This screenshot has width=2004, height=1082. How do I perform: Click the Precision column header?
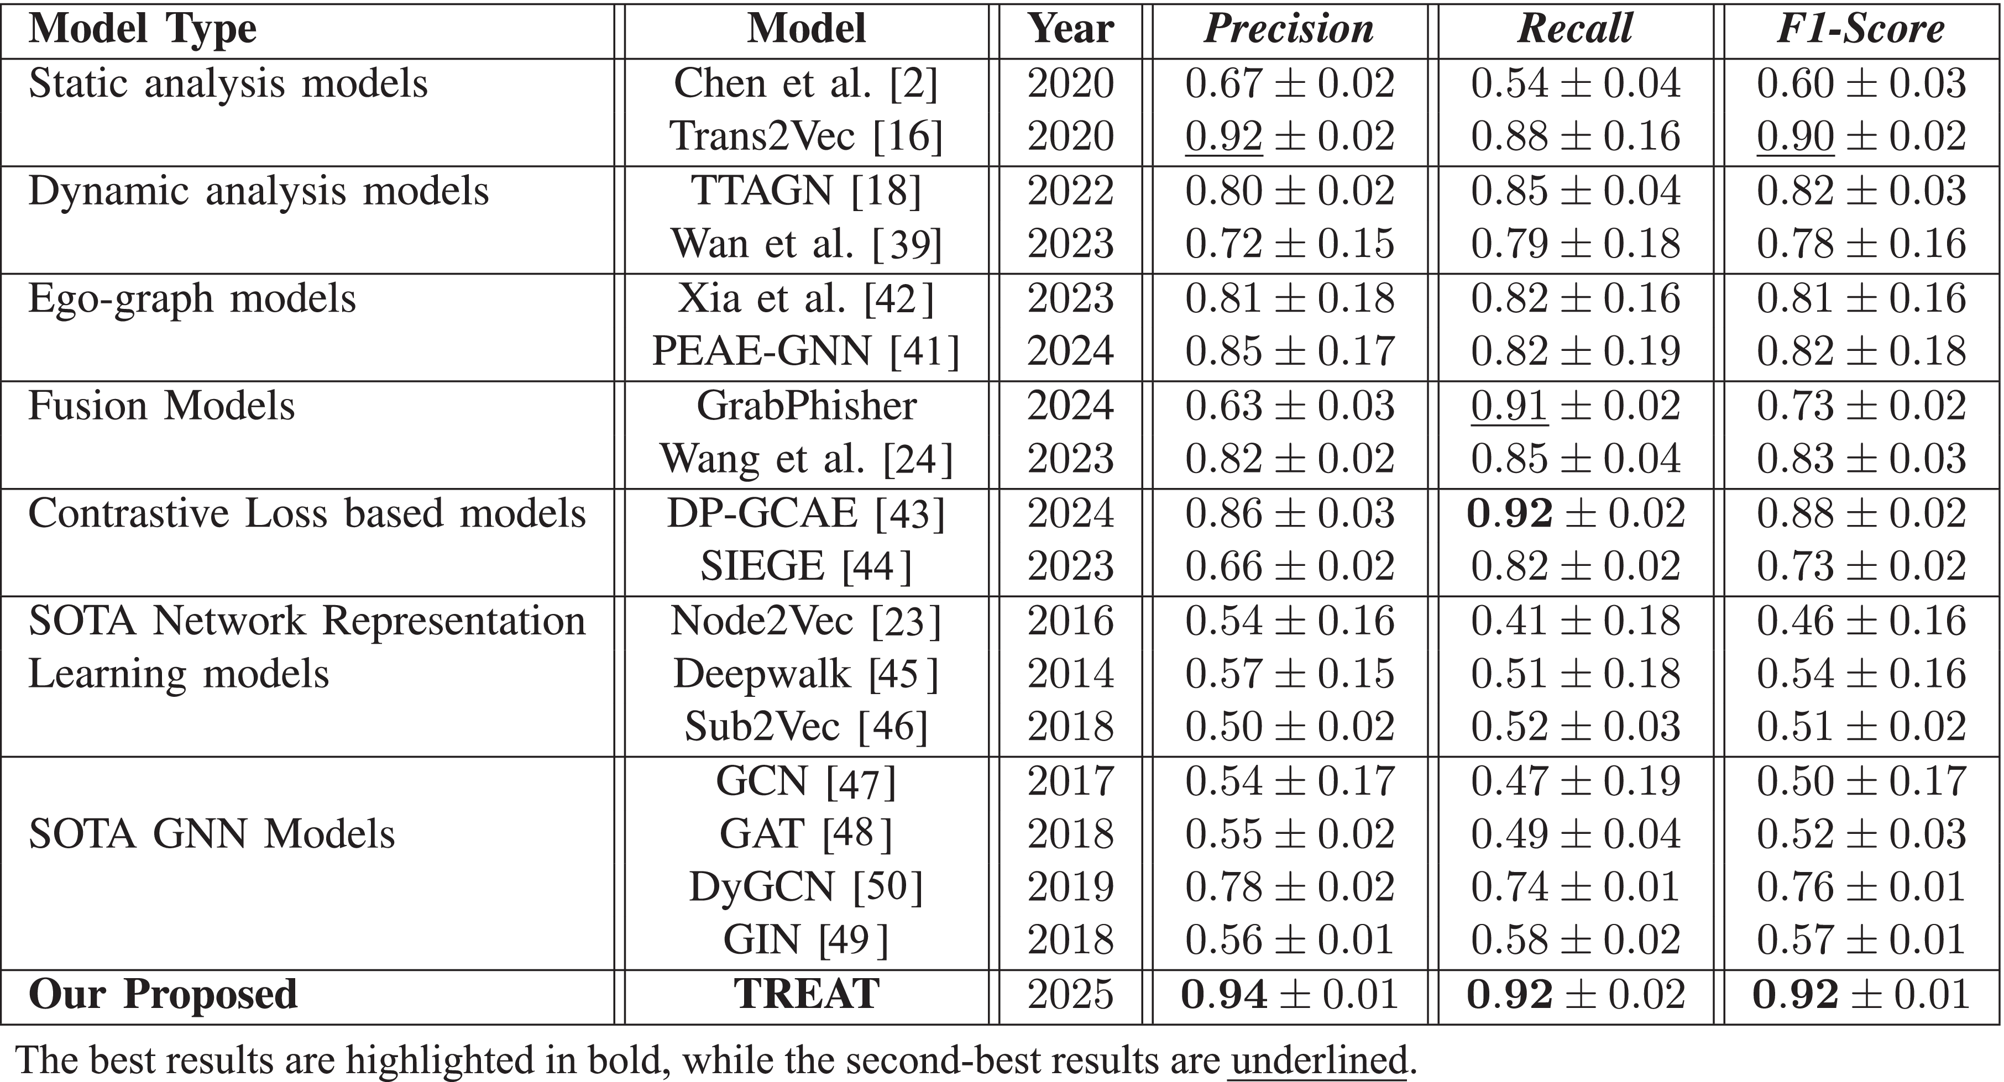pos(1289,29)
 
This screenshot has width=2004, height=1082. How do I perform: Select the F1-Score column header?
pos(1861,29)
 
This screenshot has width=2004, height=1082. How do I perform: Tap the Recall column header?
pos(1576,29)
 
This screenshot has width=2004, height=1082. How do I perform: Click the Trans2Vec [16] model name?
pos(806,136)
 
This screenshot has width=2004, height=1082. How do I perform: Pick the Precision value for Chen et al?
pos(1289,83)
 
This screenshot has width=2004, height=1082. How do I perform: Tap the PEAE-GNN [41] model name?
pos(806,351)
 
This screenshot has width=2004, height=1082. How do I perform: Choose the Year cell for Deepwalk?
pos(1070,674)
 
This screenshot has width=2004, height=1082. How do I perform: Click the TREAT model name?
pos(806,994)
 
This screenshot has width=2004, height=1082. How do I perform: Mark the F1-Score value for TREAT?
pos(1861,994)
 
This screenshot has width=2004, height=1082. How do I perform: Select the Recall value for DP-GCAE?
pos(1576,513)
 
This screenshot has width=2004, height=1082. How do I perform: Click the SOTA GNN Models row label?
pos(212,834)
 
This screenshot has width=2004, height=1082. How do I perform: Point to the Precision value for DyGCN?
pos(1289,887)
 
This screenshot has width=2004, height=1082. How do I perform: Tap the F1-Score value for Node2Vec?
pos(1861,621)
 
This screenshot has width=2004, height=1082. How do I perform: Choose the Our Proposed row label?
pos(164,994)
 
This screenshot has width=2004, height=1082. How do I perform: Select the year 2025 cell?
pos(1070,994)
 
